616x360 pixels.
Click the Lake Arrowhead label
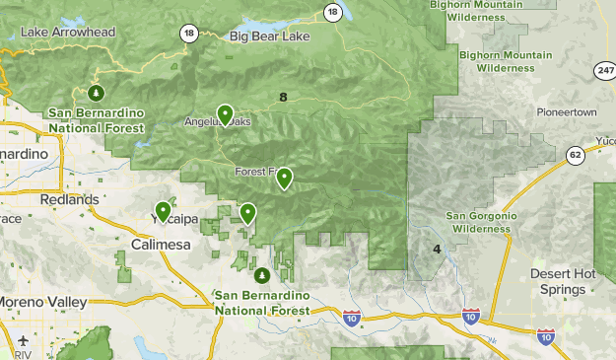67,33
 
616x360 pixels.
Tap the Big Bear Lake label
269,37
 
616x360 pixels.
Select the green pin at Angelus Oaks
225,115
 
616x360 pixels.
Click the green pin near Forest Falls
284,178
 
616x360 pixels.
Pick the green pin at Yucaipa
163,211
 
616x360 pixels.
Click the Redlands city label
69,199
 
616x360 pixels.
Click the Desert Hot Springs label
563,281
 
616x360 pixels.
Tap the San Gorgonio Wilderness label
478,222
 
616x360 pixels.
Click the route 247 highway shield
605,71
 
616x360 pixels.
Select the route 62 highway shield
575,154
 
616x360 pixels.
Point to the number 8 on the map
283,97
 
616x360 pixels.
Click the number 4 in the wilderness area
437,249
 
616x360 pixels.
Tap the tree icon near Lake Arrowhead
96,94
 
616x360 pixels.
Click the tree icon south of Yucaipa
261,275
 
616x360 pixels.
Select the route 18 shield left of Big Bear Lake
187,33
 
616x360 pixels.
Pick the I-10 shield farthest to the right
545,337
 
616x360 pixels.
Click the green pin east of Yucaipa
247,213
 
